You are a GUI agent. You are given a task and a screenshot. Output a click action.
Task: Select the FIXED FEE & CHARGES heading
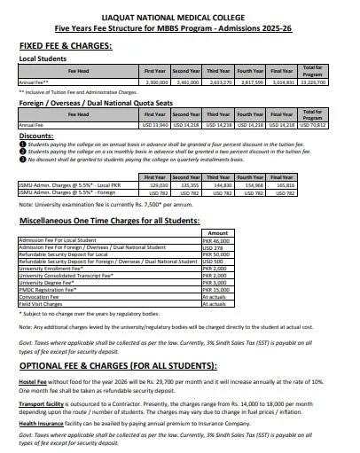[x=67, y=44]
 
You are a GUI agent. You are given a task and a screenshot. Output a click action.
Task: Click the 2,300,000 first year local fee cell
[x=156, y=82]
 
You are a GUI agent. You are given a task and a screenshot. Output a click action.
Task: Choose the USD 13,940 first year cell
[x=156, y=125]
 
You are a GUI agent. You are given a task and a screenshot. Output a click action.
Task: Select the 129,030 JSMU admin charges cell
[x=156, y=185]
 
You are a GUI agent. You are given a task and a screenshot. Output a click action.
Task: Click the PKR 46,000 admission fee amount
[x=215, y=240]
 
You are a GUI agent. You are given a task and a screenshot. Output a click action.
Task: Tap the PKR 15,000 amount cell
[x=215, y=289]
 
